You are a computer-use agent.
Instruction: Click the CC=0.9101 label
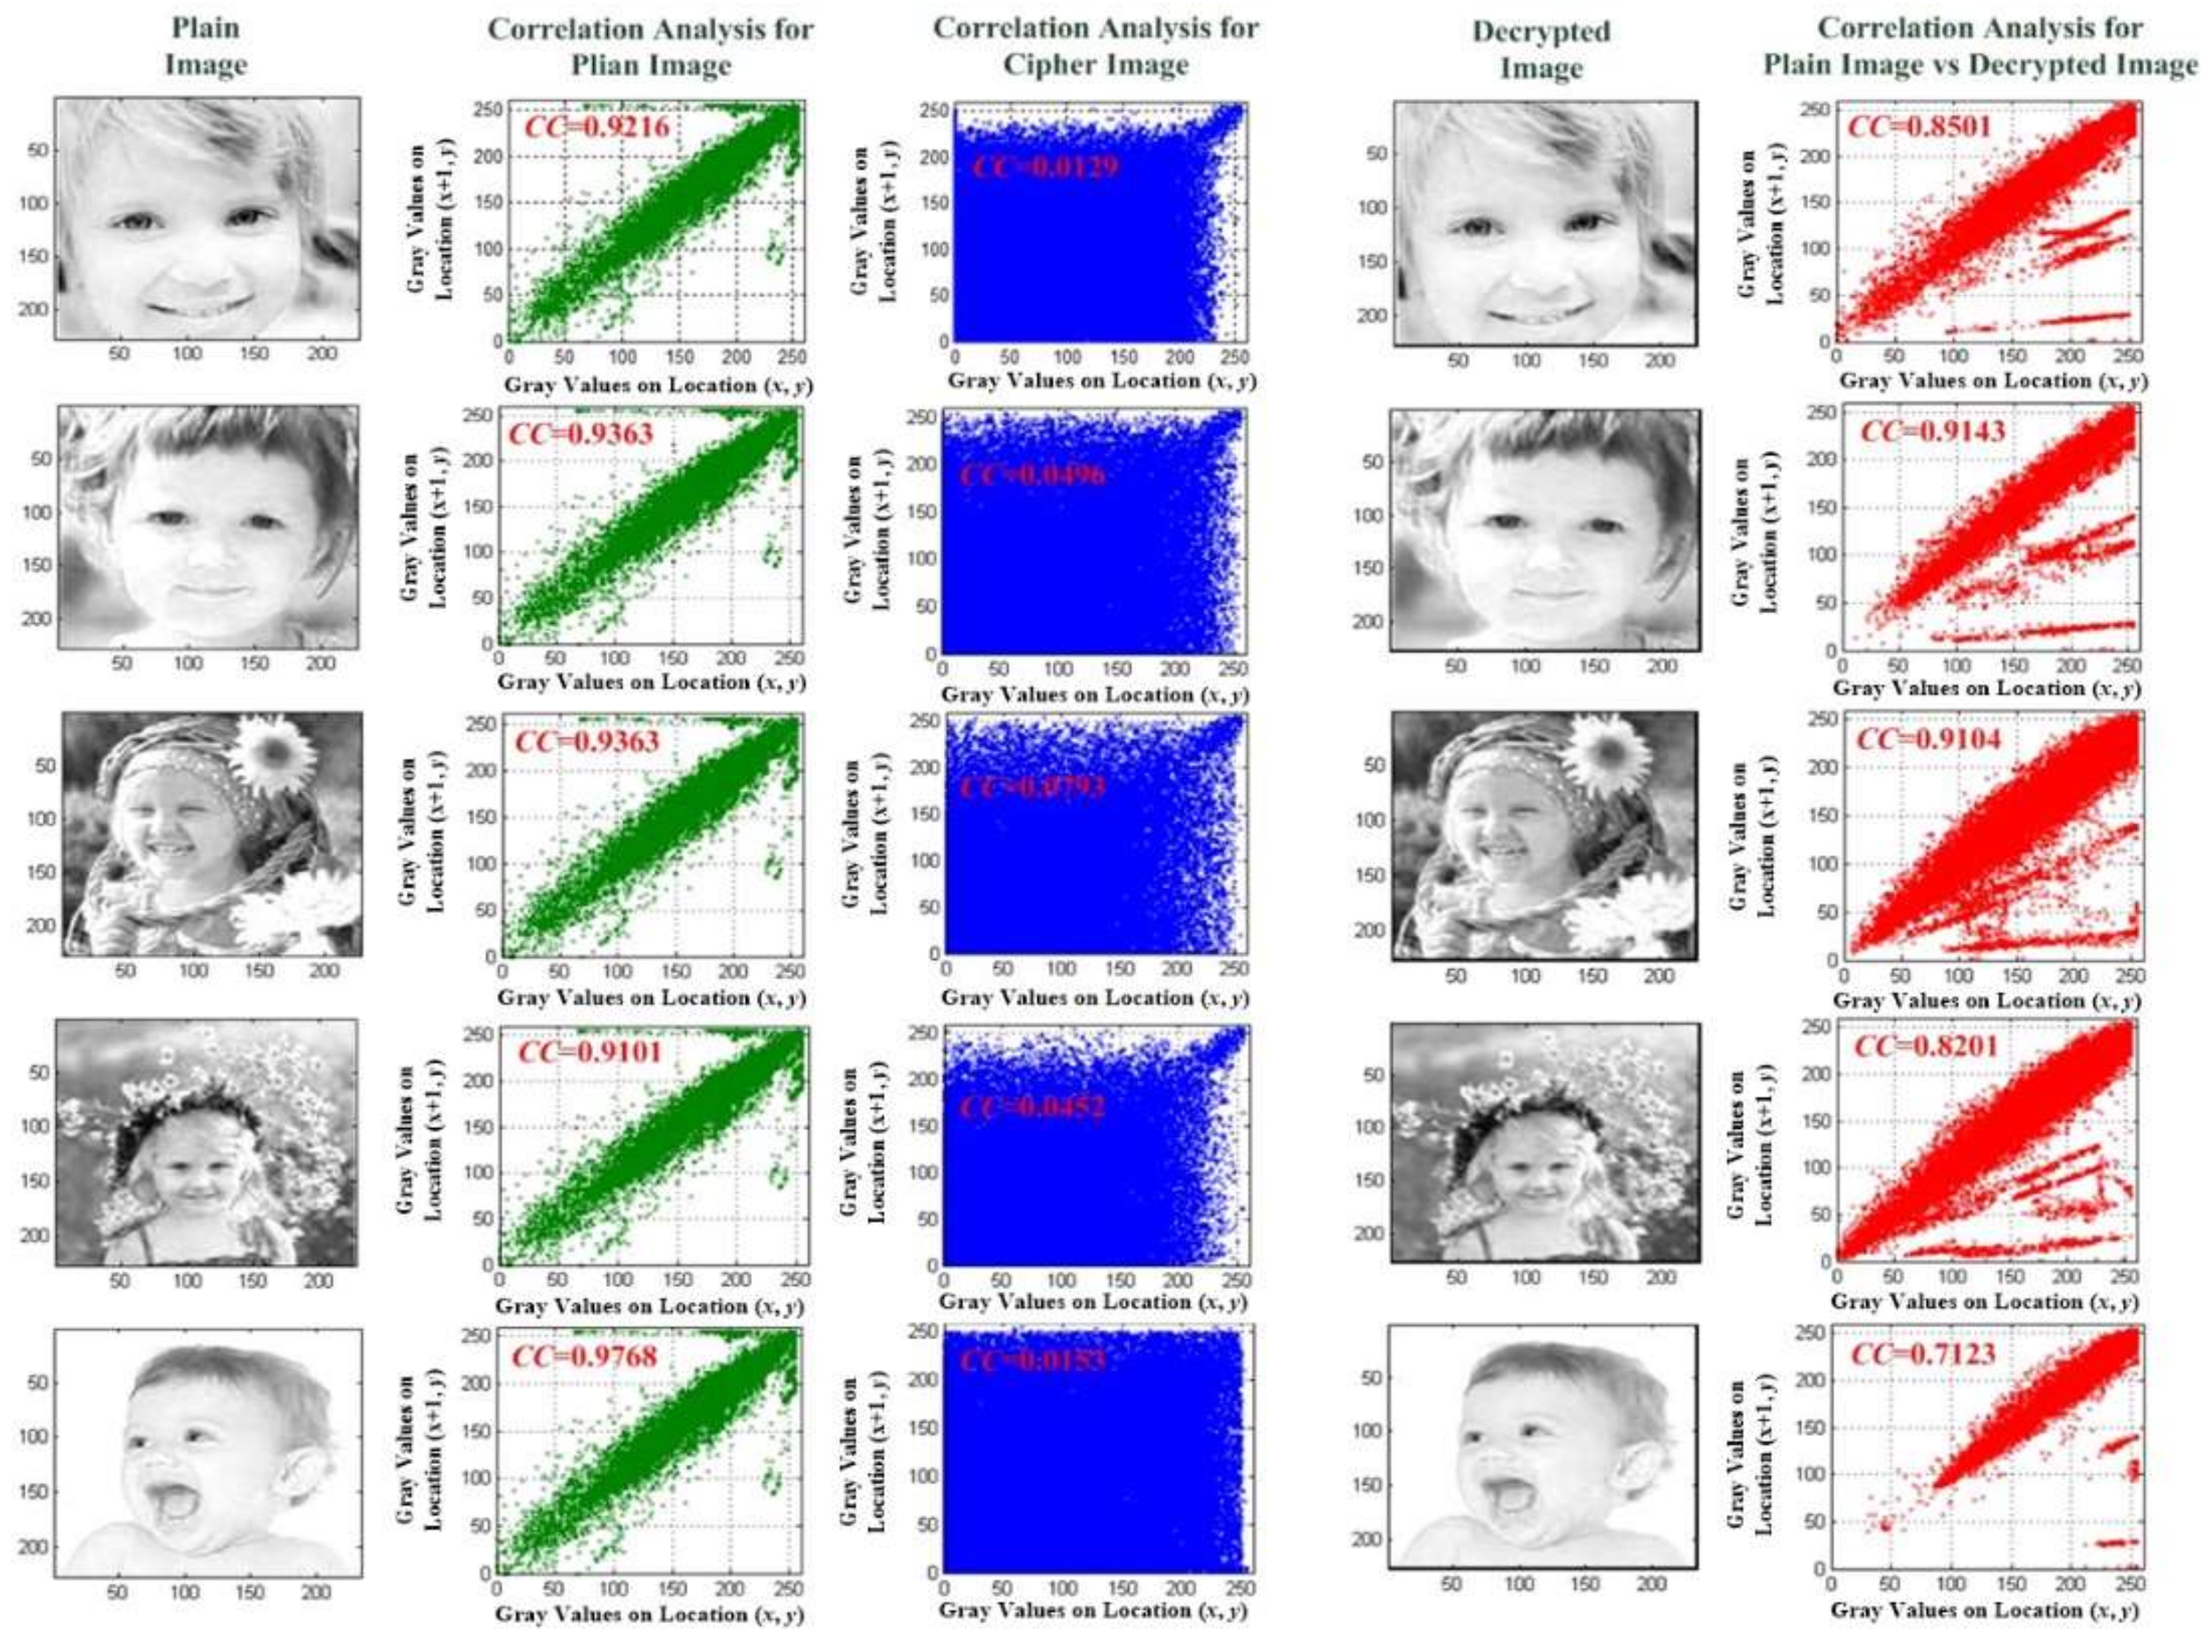point(589,1051)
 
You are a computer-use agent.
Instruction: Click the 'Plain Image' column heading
point(205,47)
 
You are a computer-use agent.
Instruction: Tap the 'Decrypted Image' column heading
point(1540,49)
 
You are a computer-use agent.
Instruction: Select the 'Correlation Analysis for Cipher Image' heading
point(1095,47)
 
